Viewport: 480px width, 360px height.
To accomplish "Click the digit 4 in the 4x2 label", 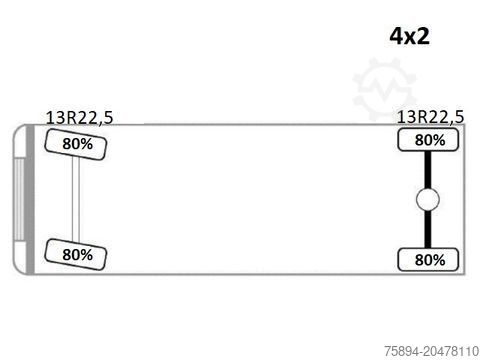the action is pos(397,36).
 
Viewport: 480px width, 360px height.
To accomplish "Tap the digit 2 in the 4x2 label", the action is pos(423,36).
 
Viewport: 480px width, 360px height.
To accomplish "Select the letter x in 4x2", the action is pos(411,38).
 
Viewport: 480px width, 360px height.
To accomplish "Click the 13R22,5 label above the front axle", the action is pos(79,118).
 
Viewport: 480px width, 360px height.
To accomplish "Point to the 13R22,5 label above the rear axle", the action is pos(430,117).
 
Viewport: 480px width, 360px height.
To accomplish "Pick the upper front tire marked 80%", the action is pos(76,145).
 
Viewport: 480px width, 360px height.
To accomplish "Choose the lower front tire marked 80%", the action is pos(76,255).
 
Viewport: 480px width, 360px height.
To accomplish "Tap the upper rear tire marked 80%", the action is pos(428,140).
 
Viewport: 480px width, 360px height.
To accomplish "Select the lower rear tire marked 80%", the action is pos(428,260).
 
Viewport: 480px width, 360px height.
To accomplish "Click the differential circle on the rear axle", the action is pos(428,200).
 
